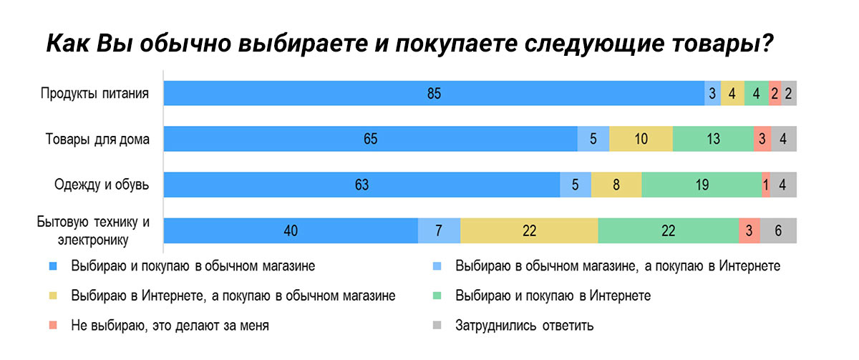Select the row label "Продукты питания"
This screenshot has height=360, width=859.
(94, 94)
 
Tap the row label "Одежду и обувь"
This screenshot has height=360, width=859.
(102, 185)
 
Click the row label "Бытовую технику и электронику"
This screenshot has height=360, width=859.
(93, 230)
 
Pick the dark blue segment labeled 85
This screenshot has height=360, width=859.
(434, 94)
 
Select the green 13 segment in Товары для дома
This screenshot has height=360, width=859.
(713, 140)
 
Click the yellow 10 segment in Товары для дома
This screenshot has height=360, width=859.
(641, 140)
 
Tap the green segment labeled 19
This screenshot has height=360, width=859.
(702, 185)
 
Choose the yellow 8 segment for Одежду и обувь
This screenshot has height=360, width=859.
(616, 185)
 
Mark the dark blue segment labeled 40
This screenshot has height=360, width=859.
(291, 230)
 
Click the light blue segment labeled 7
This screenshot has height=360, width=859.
(440, 230)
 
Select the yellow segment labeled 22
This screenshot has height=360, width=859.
(529, 230)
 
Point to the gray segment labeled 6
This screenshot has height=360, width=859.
(778, 230)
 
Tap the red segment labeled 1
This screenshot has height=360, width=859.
(766, 185)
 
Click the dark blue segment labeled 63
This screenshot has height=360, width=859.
(361, 185)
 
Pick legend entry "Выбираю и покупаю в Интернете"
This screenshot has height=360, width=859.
(553, 296)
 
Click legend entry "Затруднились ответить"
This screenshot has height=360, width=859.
(524, 326)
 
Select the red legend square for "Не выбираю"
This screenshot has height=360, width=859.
(52, 326)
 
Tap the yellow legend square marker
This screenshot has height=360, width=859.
(52, 296)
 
